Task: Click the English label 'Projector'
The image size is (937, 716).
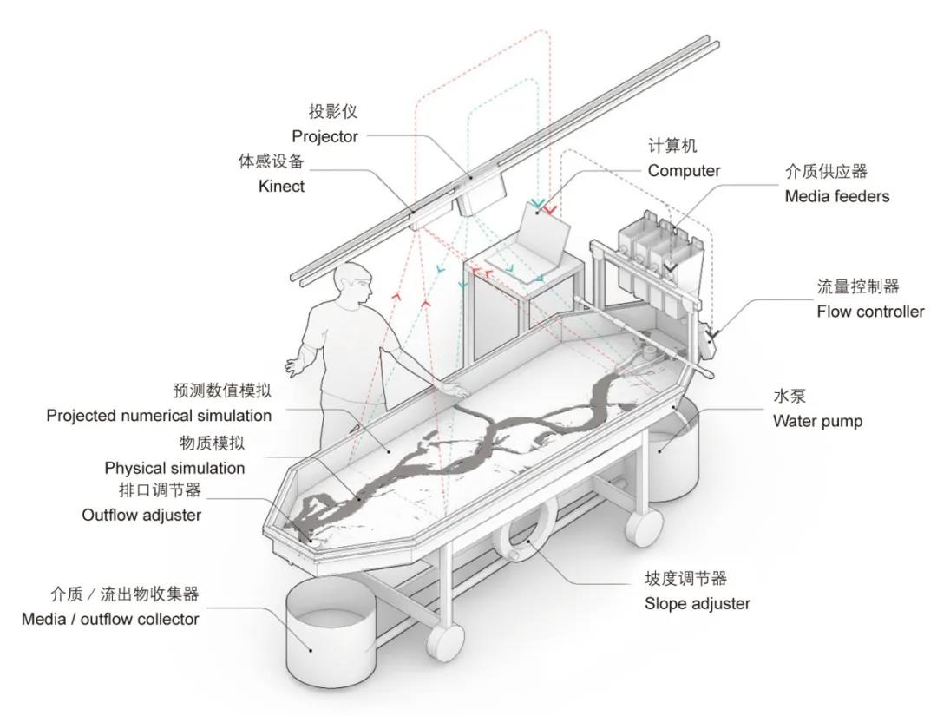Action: tap(324, 136)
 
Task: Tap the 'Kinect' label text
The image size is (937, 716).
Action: tap(281, 186)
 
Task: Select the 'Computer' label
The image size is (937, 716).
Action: tap(684, 171)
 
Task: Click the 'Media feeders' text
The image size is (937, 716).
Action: tap(836, 196)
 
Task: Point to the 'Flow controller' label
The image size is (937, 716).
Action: tap(870, 312)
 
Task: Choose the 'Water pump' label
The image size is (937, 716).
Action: tap(817, 421)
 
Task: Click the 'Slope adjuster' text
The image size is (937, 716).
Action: tap(697, 603)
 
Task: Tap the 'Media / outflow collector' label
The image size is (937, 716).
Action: tap(110, 619)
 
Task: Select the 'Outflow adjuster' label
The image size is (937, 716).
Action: tap(141, 515)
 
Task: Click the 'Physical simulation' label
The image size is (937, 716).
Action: tap(174, 468)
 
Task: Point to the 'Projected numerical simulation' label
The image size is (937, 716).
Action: tap(159, 416)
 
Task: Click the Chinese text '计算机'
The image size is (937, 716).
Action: tap(672, 146)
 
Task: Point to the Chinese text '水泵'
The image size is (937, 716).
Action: tap(790, 396)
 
